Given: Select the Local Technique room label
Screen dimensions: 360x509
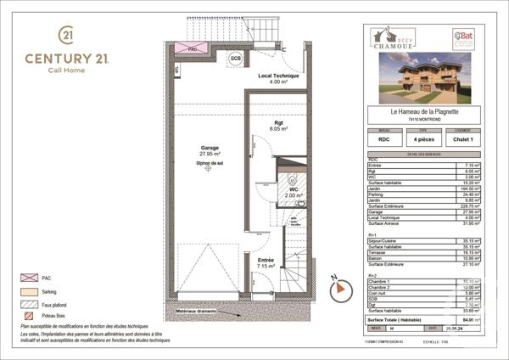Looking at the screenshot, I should pos(282,79).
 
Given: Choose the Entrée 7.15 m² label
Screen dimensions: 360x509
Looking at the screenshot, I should pos(266,263).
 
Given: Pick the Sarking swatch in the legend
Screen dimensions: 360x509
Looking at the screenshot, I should pos(27,290).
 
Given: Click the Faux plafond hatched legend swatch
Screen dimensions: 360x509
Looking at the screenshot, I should pos(27,303).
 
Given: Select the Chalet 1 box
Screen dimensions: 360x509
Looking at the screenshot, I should pos(463,139).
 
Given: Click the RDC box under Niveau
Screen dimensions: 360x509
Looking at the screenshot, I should pos(385,139).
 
